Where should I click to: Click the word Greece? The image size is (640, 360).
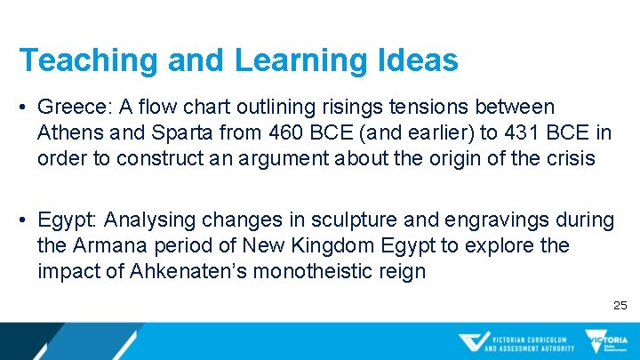(x=69, y=108)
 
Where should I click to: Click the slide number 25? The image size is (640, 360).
(x=620, y=306)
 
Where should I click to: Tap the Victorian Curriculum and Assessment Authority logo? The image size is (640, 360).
(x=516, y=342)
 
